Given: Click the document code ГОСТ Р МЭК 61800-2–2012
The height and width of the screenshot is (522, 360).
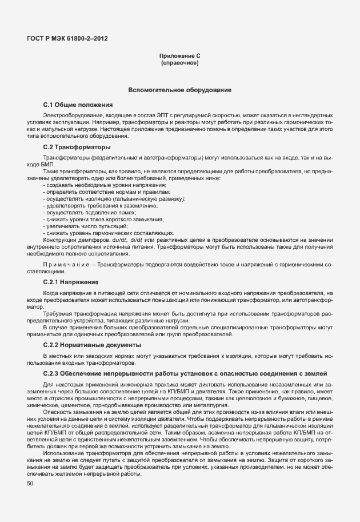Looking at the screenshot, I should [67, 39].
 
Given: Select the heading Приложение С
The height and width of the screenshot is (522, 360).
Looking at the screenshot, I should [179, 56].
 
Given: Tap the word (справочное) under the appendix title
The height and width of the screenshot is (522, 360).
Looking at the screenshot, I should [179, 63].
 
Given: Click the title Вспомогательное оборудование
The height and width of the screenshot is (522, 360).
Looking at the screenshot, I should [179, 90].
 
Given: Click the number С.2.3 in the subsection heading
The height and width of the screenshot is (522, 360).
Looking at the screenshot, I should [53, 373].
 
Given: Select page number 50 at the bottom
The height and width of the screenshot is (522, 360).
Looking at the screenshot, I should [30, 484].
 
